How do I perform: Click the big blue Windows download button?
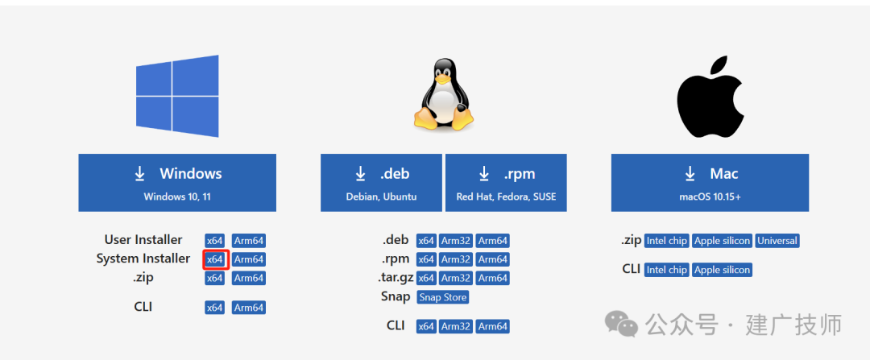click(177, 183)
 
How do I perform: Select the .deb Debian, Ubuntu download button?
click(381, 183)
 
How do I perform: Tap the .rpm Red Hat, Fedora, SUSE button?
click(506, 183)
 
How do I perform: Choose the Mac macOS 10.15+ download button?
click(710, 183)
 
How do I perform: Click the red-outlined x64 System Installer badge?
click(215, 259)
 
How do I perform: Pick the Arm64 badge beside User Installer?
click(249, 241)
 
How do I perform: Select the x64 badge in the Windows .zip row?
click(215, 278)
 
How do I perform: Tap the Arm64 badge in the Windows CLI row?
click(249, 308)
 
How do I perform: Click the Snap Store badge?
click(443, 296)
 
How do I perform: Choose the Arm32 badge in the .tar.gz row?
click(455, 278)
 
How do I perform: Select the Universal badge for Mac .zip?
click(777, 241)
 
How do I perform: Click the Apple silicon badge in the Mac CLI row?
click(722, 270)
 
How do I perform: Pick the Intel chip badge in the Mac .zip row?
click(667, 241)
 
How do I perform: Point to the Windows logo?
click(177, 96)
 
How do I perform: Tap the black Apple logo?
click(710, 97)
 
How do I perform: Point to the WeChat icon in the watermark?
click(621, 323)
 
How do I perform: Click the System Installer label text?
click(143, 259)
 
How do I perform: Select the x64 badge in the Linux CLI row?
click(426, 326)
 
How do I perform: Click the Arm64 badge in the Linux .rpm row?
click(493, 259)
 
